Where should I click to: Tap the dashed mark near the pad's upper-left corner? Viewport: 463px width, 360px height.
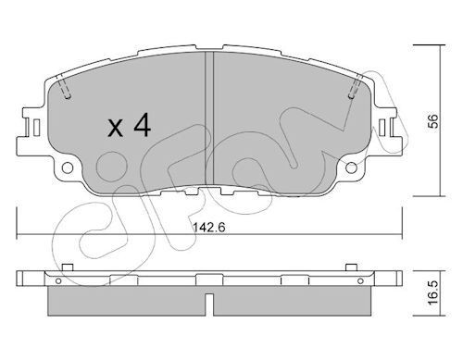(65, 90)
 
